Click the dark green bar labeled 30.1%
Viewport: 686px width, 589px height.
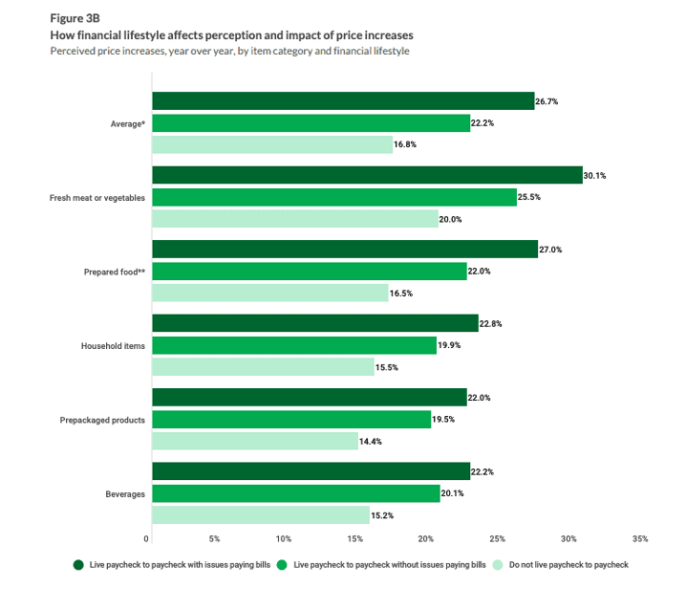tap(368, 175)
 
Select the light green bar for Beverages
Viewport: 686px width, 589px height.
tap(261, 515)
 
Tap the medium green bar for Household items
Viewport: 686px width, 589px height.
tap(294, 345)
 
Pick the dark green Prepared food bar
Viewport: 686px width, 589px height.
tap(345, 250)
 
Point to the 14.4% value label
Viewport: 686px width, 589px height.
tap(371, 442)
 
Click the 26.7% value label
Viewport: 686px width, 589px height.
tap(547, 101)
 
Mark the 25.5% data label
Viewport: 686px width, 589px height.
tap(529, 197)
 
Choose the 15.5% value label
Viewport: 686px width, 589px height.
tap(387, 367)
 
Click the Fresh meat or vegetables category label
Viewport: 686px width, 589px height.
tap(97, 198)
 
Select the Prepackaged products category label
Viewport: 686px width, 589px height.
tap(102, 420)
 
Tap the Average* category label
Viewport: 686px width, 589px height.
tap(128, 124)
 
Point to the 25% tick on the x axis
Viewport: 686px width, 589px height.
tap(498, 538)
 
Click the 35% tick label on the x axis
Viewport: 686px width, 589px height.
tap(640, 538)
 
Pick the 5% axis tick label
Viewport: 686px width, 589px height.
tap(214, 538)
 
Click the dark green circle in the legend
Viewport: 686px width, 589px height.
tap(78, 565)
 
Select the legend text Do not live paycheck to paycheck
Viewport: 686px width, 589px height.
tap(568, 565)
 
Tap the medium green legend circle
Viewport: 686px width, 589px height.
tap(282, 565)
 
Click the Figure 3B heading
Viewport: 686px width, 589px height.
tap(75, 18)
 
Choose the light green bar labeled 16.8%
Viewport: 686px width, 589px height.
tap(272, 144)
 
